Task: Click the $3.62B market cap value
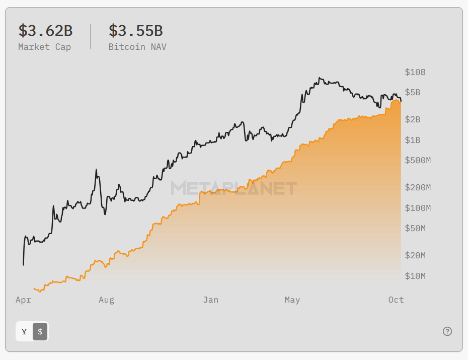45,31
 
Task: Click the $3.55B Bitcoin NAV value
135,31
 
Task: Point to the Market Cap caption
44,47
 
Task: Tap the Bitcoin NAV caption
137,47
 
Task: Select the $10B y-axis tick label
415,72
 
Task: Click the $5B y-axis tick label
413,93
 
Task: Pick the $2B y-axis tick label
413,120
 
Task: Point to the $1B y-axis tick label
413,140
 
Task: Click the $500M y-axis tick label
418,161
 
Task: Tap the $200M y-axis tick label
418,188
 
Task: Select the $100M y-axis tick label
418,208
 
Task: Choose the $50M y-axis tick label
415,229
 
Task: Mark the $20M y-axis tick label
415,256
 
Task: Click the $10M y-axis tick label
415,276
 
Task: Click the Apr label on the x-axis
23,300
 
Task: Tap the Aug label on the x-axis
106,300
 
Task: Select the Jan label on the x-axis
210,300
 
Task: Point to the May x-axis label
292,300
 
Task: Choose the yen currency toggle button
24,331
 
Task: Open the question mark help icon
447,331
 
